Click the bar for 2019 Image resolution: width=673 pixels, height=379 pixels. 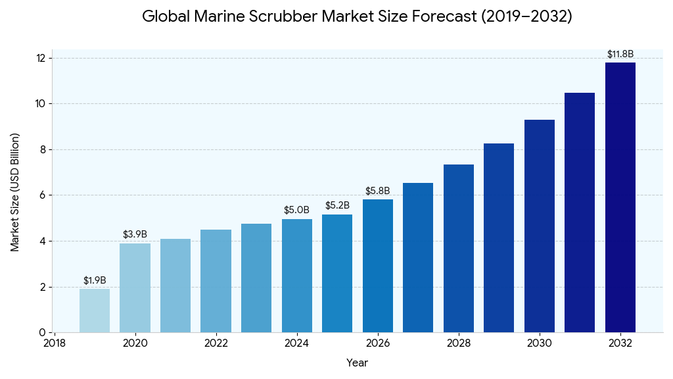[95, 311]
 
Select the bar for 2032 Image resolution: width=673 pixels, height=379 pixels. [620, 197]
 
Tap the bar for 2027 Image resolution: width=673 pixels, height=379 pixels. [418, 257]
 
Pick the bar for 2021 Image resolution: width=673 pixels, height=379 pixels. [175, 286]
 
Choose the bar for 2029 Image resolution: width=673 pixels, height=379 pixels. [499, 238]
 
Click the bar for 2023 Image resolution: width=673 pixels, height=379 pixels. [256, 278]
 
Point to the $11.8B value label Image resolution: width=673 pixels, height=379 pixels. [620, 54]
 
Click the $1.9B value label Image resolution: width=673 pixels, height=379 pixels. [95, 280]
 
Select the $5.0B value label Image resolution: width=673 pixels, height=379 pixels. [296, 210]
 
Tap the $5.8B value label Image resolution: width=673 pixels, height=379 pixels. [378, 191]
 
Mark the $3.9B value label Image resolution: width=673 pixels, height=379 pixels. [135, 234]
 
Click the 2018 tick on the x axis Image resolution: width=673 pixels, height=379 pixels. [54, 343]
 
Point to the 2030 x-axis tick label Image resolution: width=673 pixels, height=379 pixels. [540, 343]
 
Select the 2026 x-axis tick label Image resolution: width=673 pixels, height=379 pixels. [378, 343]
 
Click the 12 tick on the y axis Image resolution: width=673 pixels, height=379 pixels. [41, 59]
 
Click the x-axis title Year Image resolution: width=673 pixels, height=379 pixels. [358, 363]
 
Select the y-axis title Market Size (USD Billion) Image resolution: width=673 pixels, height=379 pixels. [15, 192]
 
